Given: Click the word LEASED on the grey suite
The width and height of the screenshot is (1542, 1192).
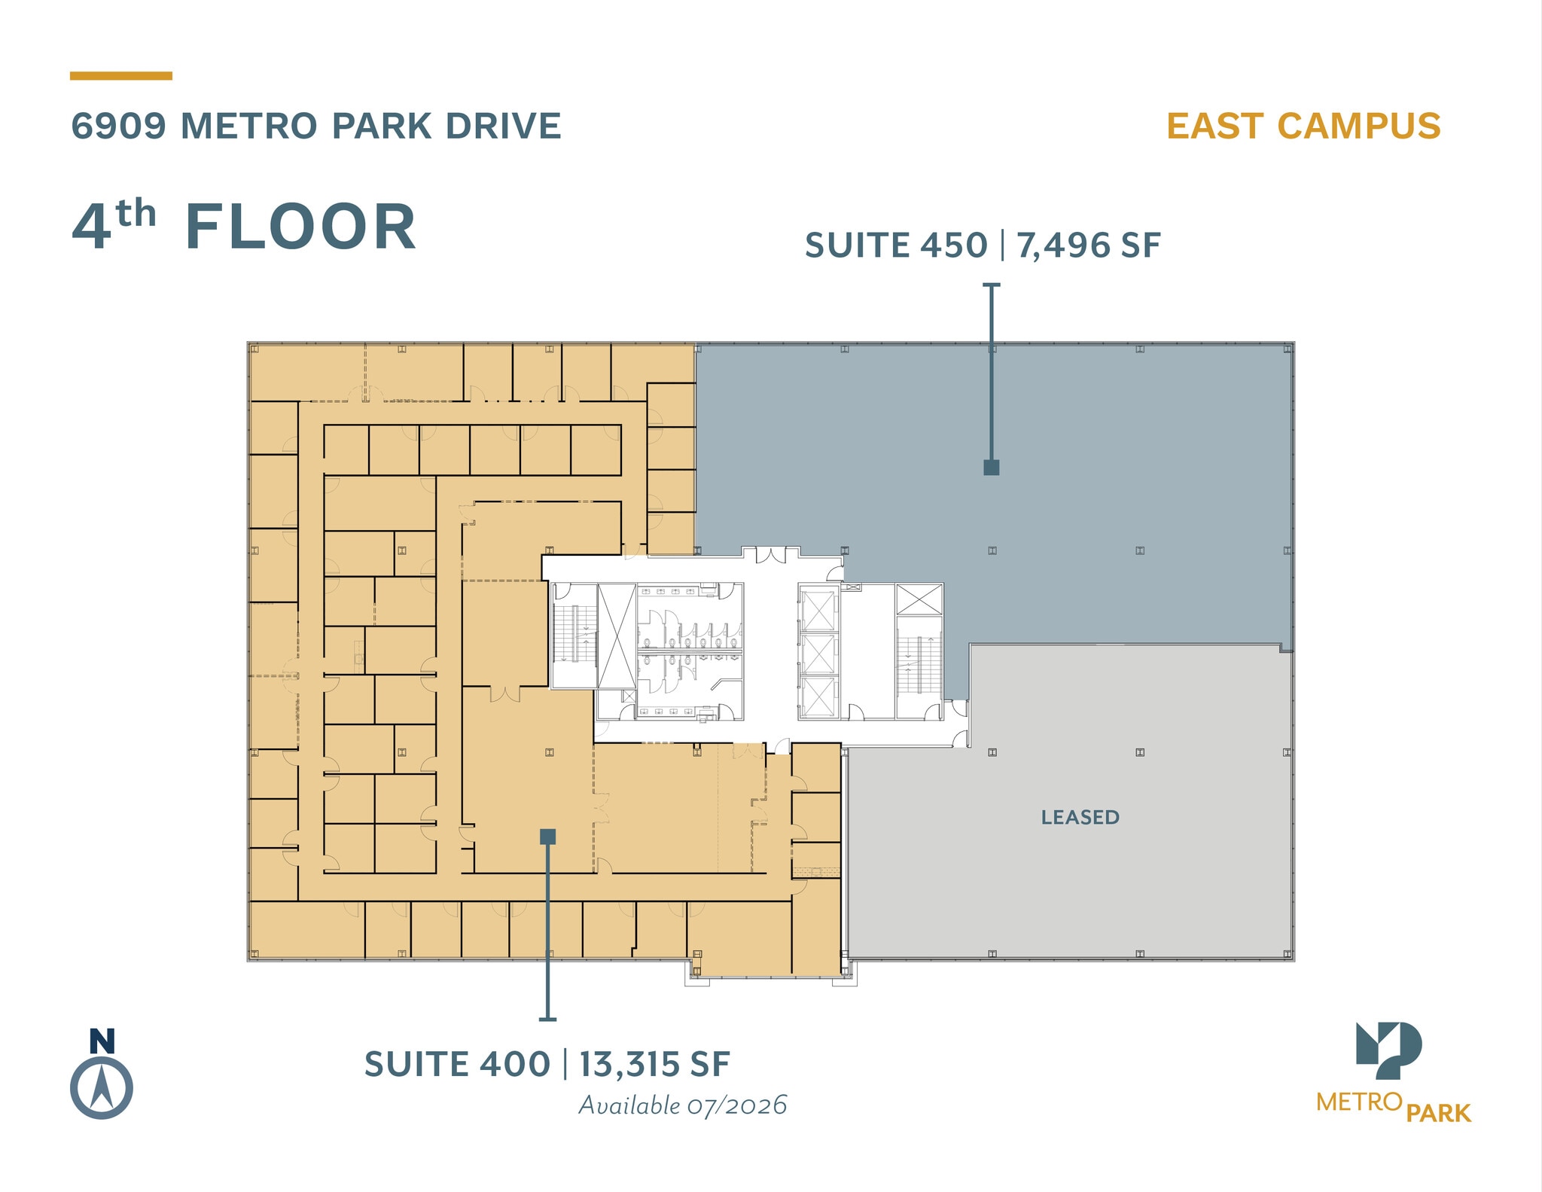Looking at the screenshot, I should click(x=1080, y=817).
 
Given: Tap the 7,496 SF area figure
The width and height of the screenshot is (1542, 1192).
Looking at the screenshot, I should click(x=1088, y=246).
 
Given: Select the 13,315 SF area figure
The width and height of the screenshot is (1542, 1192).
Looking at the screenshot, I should click(x=654, y=1065).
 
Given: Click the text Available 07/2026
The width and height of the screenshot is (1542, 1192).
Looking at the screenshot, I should click(x=683, y=1105).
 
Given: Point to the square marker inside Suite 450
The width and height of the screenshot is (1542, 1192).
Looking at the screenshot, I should click(x=992, y=468).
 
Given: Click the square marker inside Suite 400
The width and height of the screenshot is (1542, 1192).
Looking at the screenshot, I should click(x=548, y=837).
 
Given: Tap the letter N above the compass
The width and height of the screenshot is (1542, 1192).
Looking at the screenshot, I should click(x=102, y=1041).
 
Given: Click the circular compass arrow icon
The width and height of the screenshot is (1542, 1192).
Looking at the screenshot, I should click(x=102, y=1089).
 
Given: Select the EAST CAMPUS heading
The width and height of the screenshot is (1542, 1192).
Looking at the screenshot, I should click(x=1303, y=127).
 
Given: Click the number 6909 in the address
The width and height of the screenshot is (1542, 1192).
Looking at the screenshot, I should click(x=118, y=127).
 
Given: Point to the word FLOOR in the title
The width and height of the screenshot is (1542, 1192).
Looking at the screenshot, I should click(x=300, y=227).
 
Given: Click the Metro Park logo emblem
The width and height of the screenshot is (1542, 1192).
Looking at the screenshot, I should click(x=1388, y=1050).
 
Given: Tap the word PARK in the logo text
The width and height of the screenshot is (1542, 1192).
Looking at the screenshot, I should click(x=1438, y=1114).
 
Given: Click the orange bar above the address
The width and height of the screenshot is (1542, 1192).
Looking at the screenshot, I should click(x=121, y=76).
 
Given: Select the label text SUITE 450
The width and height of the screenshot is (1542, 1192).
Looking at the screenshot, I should click(x=896, y=246).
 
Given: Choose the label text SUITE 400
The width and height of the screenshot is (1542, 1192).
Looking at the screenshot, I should click(x=457, y=1065).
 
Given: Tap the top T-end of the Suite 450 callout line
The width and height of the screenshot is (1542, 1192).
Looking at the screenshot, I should click(x=992, y=285).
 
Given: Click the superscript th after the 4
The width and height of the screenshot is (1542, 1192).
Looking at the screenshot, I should click(x=136, y=215).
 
